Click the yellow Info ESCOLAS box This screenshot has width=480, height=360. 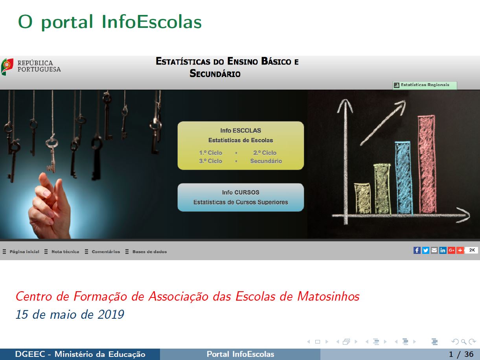241,145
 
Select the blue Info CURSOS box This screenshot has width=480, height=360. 241,197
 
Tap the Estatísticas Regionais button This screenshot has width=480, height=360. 425,85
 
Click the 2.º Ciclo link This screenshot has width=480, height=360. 265,153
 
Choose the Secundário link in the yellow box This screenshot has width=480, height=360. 266,161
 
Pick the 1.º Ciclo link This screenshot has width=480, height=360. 211,153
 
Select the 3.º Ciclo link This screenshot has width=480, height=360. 211,161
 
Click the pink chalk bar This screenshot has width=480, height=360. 427,164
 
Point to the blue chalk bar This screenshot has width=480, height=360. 404,178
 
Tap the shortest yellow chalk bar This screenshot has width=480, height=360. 362,198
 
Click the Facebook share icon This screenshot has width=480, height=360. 417,250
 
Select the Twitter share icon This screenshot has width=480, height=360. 425,250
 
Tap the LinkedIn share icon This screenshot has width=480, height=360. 443,250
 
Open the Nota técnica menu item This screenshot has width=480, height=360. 65,252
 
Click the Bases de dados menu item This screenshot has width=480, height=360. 149,252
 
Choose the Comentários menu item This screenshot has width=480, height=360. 106,252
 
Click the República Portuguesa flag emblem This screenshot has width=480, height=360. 7,67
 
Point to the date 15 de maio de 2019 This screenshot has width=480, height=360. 70,314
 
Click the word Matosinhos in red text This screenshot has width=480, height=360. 329,297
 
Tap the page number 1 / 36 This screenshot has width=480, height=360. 461,354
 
